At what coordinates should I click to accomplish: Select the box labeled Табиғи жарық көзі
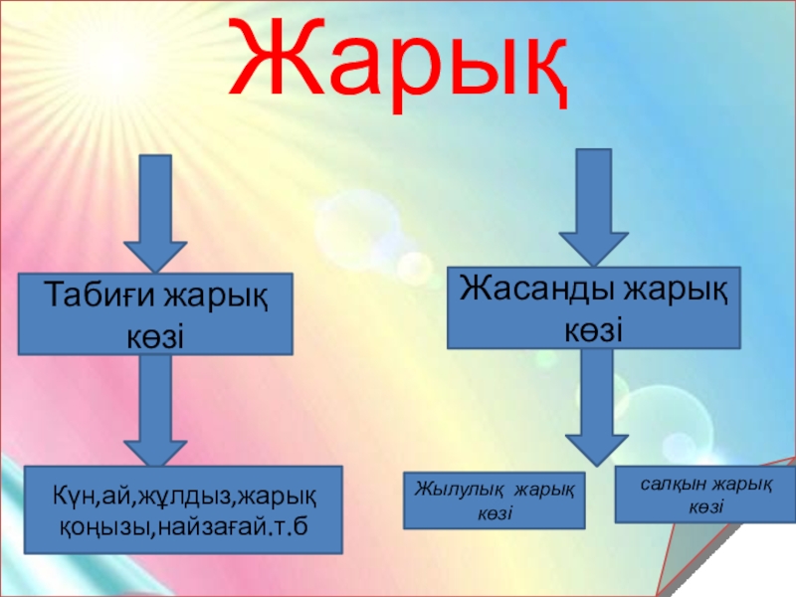[157, 314]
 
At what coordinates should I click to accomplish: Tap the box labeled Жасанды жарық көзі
[594, 306]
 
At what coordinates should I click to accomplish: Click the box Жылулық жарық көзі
[494, 500]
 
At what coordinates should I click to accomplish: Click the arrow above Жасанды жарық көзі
[594, 204]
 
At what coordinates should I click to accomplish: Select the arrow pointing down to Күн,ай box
[153, 408]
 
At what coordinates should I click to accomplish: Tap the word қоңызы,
[99, 522]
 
